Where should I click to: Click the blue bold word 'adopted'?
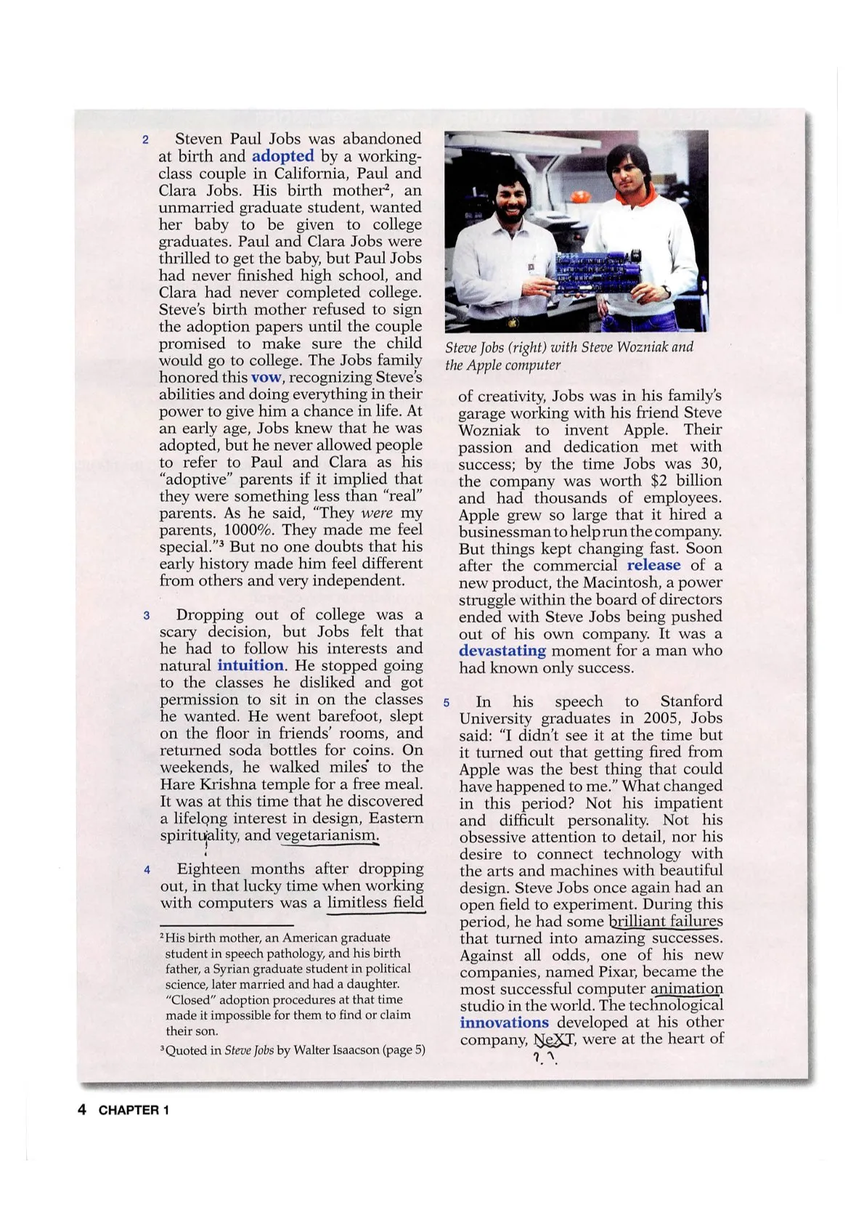pyautogui.click(x=282, y=156)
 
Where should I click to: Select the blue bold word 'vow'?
pyautogui.click(x=266, y=378)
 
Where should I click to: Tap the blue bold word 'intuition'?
pyautogui.click(x=250, y=665)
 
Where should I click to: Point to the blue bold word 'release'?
pyautogui.click(x=653, y=565)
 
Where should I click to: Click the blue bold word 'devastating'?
pyautogui.click(x=502, y=651)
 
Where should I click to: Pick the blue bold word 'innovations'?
pyautogui.click(x=504, y=1023)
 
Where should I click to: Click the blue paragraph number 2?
pyautogui.click(x=145, y=140)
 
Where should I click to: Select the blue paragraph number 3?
pyautogui.click(x=146, y=616)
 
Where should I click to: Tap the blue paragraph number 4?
pyautogui.click(x=147, y=870)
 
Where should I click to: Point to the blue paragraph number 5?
pyautogui.click(x=447, y=702)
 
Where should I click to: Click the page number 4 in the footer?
pyautogui.click(x=82, y=1109)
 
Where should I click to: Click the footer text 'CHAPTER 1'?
pyautogui.click(x=134, y=1110)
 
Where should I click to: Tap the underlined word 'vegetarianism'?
pyautogui.click(x=327, y=835)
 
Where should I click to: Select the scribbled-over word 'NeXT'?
pyautogui.click(x=554, y=1039)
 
